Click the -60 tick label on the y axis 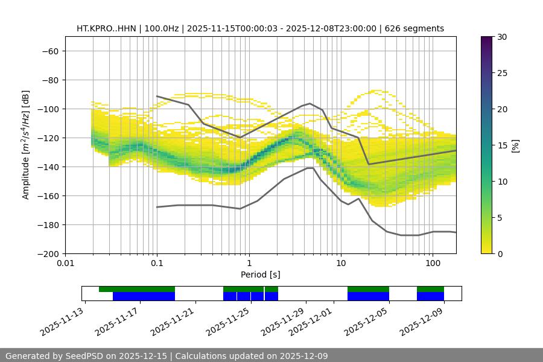point(49,51)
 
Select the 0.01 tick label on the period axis point(65,264)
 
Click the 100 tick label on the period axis point(432,264)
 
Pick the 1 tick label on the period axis point(249,264)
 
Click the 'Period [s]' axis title point(260,275)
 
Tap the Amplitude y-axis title point(26,145)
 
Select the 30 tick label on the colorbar point(501,37)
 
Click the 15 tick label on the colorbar point(501,145)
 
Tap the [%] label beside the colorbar point(515,145)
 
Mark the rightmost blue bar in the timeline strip point(430,296)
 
